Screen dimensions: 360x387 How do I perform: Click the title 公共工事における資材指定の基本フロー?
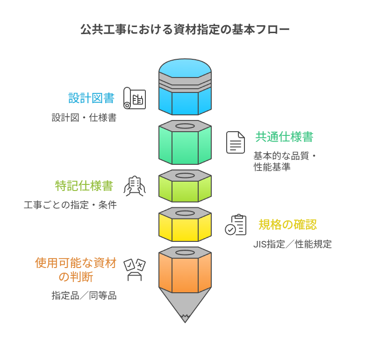[185, 30]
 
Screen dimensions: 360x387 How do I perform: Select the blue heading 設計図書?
[92, 98]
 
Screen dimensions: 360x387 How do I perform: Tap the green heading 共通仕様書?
[284, 137]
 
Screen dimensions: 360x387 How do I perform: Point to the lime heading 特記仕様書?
[84, 186]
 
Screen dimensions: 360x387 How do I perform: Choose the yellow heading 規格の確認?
[287, 225]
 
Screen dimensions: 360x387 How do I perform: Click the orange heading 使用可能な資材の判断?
[76, 270]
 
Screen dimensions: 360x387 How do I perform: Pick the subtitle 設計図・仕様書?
[84, 118]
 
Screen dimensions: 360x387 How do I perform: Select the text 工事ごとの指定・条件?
[70, 205]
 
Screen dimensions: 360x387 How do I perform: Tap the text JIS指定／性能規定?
[293, 244]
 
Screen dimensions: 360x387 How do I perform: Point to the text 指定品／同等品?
[84, 296]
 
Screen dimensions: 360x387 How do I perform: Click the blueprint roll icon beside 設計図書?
[135, 98]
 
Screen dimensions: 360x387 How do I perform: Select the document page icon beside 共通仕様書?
[236, 142]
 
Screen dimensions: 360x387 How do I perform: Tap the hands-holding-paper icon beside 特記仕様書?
[135, 186]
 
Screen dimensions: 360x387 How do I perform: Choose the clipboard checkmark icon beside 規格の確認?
[236, 225]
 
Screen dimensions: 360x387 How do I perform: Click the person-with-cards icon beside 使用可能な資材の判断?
[135, 270]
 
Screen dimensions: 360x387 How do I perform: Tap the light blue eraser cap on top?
[185, 68]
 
